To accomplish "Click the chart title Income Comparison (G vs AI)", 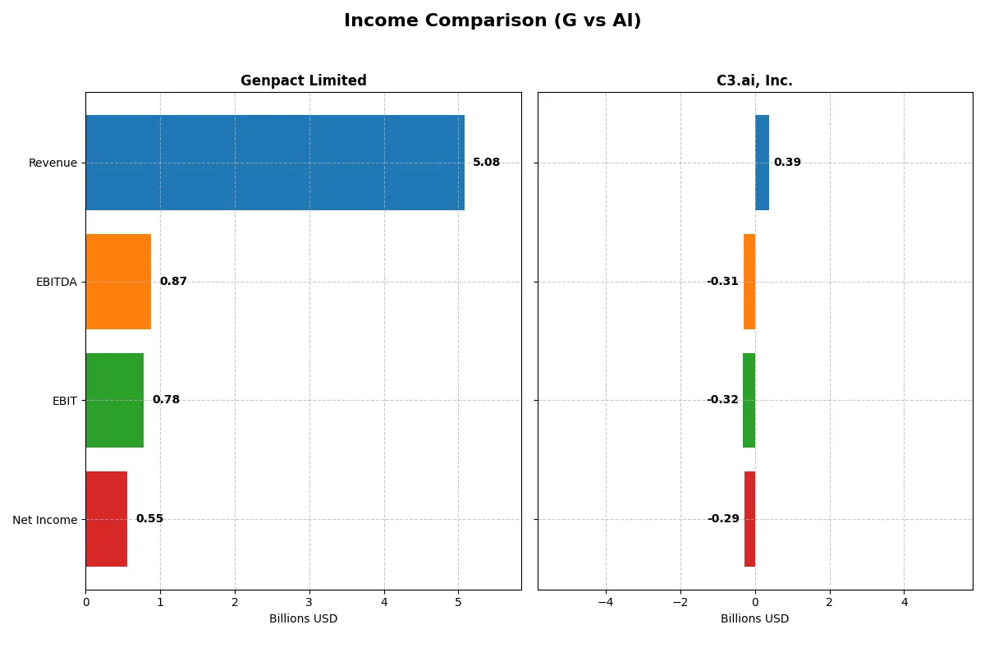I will coord(492,21).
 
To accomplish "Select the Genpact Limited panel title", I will coord(303,80).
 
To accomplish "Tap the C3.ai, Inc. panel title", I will coord(754,80).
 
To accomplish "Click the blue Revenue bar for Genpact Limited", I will coord(275,163).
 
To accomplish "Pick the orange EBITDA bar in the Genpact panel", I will coord(118,282).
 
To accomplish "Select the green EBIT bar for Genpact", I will coord(114,400).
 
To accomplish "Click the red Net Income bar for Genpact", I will coord(106,519).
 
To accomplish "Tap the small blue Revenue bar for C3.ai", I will coord(762,163).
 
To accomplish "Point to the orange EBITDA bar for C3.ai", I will coord(749,282).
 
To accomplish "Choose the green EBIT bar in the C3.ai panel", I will coord(749,400).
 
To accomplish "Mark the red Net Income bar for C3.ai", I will coord(749,519).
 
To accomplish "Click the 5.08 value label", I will coord(486,163).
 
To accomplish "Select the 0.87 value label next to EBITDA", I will coord(173,282).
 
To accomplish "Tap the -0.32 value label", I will coord(722,400).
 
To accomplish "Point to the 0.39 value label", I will coord(787,163).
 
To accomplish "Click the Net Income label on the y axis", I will coord(45,520).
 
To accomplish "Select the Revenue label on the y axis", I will coord(53,163).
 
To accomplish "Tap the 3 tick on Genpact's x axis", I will coord(309,602).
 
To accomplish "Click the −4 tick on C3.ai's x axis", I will coord(605,602).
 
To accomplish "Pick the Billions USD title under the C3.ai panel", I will coord(754,618).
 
